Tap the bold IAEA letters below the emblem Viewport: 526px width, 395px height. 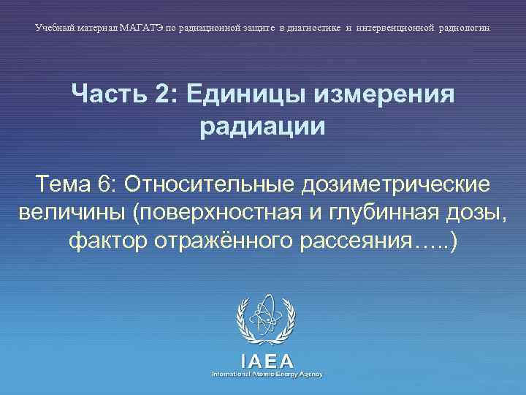tap(267, 361)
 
